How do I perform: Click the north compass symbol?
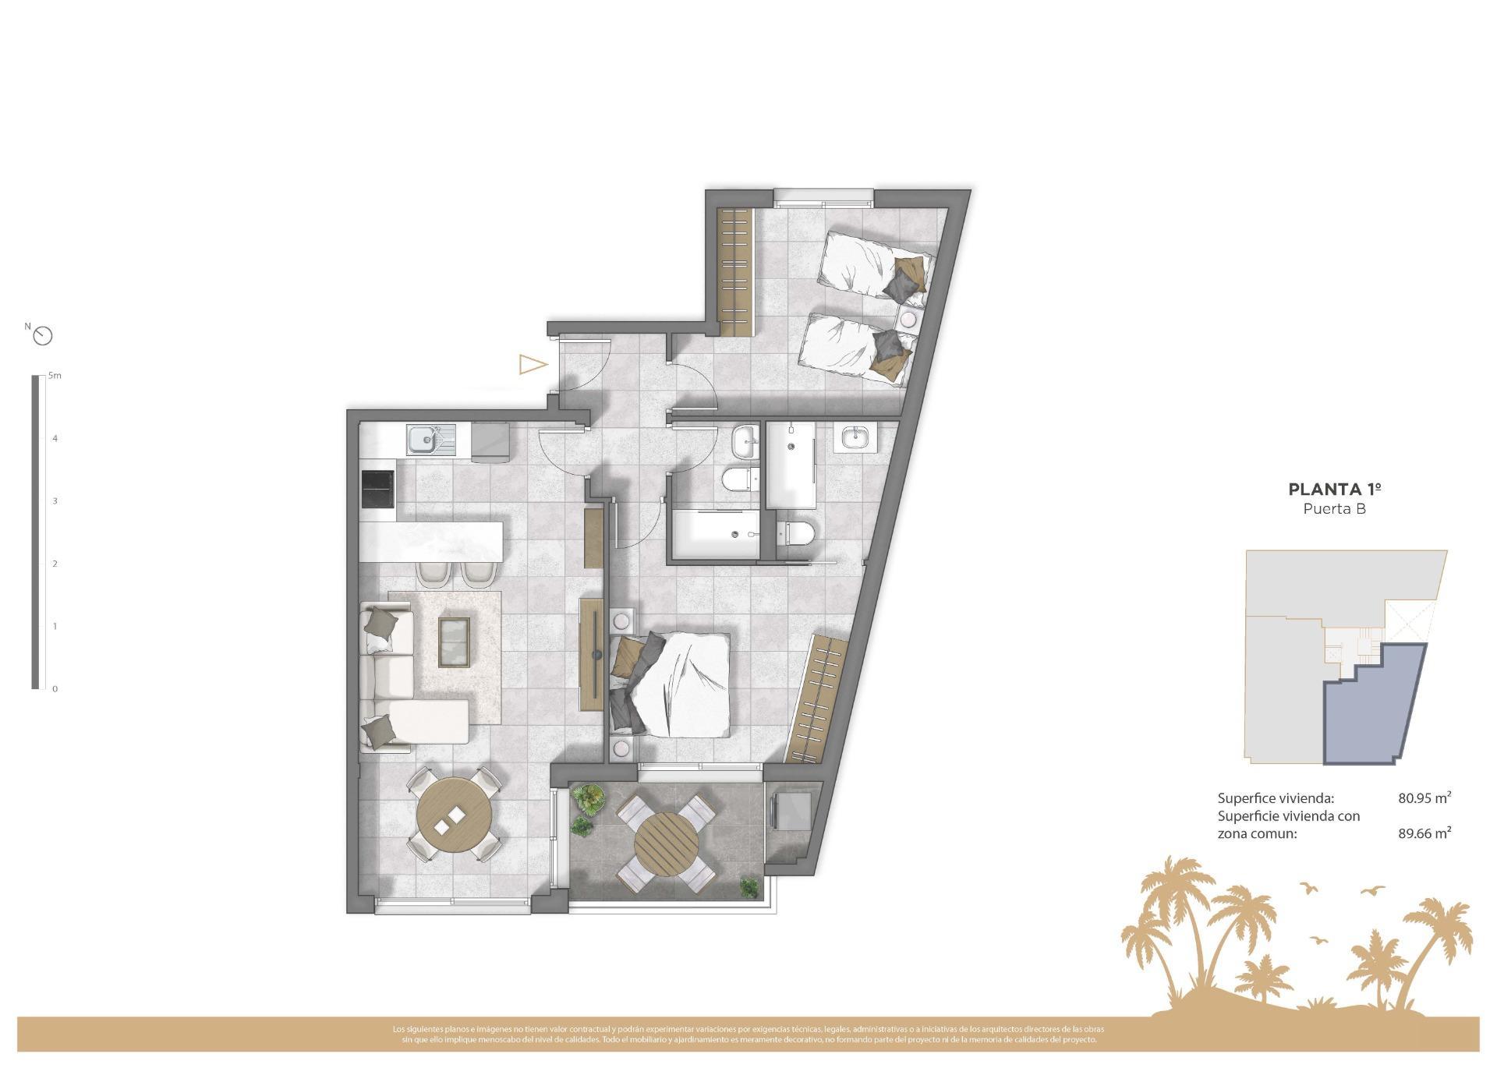click(x=44, y=336)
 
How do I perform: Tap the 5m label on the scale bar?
click(x=55, y=376)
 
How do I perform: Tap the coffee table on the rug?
click(x=455, y=642)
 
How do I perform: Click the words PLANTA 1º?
click(x=1335, y=490)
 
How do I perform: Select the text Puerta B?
click(x=1335, y=509)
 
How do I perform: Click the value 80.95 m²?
click(x=1424, y=798)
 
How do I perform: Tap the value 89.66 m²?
click(x=1424, y=833)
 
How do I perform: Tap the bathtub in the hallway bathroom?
click(x=713, y=534)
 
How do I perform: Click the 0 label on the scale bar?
click(x=55, y=689)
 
